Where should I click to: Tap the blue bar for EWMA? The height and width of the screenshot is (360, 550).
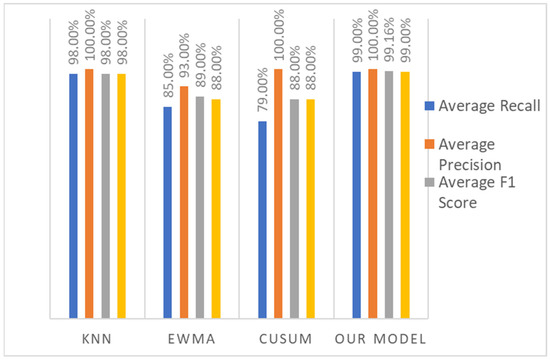pos(168,210)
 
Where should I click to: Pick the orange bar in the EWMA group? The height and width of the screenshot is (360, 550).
pos(184,200)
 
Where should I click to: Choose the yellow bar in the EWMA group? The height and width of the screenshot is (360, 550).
pos(216,206)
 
